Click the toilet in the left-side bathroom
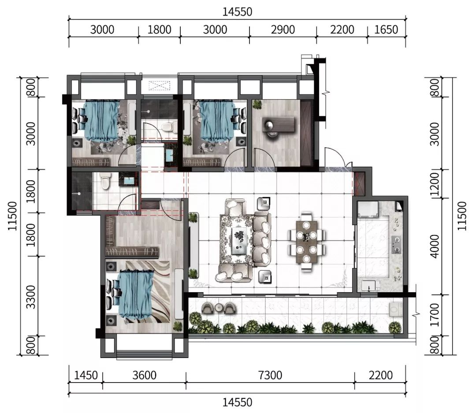coord(105,181)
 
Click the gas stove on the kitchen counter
coord(396,245)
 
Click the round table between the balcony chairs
coord(219,308)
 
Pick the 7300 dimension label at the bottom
coord(270,376)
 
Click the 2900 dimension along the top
coord(283,30)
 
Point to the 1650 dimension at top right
coord(386,30)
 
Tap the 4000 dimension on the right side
coord(435,246)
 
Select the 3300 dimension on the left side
coord(31,297)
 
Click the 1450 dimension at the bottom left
coord(86,376)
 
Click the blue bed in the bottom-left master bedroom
coord(130,294)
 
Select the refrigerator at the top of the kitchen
coord(368,209)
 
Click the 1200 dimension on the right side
coord(435,184)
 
